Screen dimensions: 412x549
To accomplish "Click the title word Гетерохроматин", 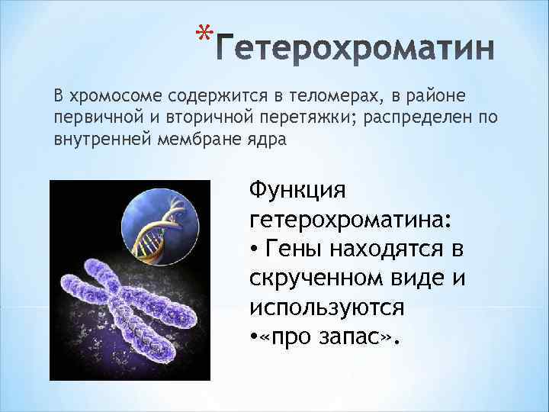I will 355,53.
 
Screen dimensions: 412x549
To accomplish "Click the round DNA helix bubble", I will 161,226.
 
